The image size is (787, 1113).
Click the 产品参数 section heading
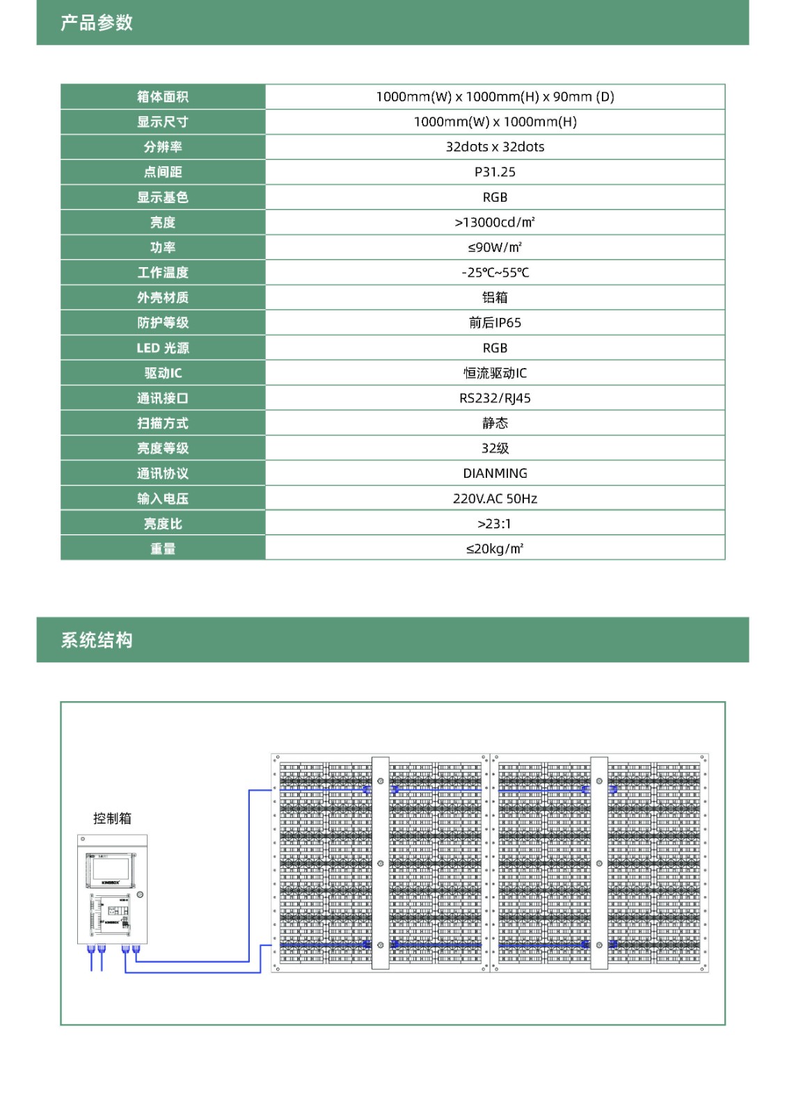[97, 23]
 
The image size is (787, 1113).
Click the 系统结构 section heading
[97, 640]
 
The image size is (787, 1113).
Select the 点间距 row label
[163, 172]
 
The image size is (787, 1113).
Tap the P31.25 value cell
[495, 172]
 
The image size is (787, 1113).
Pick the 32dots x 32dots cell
[495, 147]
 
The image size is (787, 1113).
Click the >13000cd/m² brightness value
[495, 222]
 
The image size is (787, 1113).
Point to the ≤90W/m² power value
[495, 247]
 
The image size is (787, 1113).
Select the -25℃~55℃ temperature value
[495, 272]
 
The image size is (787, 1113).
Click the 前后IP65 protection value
[495, 323]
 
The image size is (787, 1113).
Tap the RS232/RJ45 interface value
[495, 398]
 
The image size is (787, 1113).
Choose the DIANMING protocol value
[495, 473]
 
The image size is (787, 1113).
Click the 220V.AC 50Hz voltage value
[495, 498]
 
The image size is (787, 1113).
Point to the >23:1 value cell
[495, 524]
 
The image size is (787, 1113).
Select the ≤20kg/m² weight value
[495, 549]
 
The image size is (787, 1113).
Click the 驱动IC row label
[163, 373]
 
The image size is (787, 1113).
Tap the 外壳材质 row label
[163, 298]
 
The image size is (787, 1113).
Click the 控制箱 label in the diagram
[112, 818]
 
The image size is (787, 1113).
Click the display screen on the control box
[111, 870]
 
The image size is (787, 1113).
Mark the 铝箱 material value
[495, 298]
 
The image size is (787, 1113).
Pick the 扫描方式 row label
[163, 423]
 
